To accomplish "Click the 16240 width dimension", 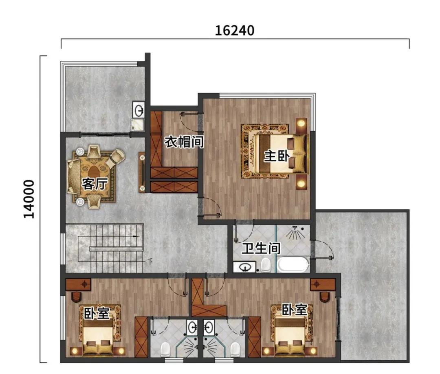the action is [x=235, y=31].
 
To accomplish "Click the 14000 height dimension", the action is [x=29, y=199].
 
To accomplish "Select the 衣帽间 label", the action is [x=184, y=142].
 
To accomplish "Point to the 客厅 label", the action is [x=95, y=184].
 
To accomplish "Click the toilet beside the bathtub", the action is [x=266, y=265].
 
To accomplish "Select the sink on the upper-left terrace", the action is [x=139, y=110].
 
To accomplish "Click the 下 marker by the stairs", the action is [x=150, y=262].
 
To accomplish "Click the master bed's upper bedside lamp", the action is [x=301, y=123].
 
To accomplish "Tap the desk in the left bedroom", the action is [x=78, y=284].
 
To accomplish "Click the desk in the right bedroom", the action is [x=323, y=284].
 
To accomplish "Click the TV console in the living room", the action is [x=142, y=172].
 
